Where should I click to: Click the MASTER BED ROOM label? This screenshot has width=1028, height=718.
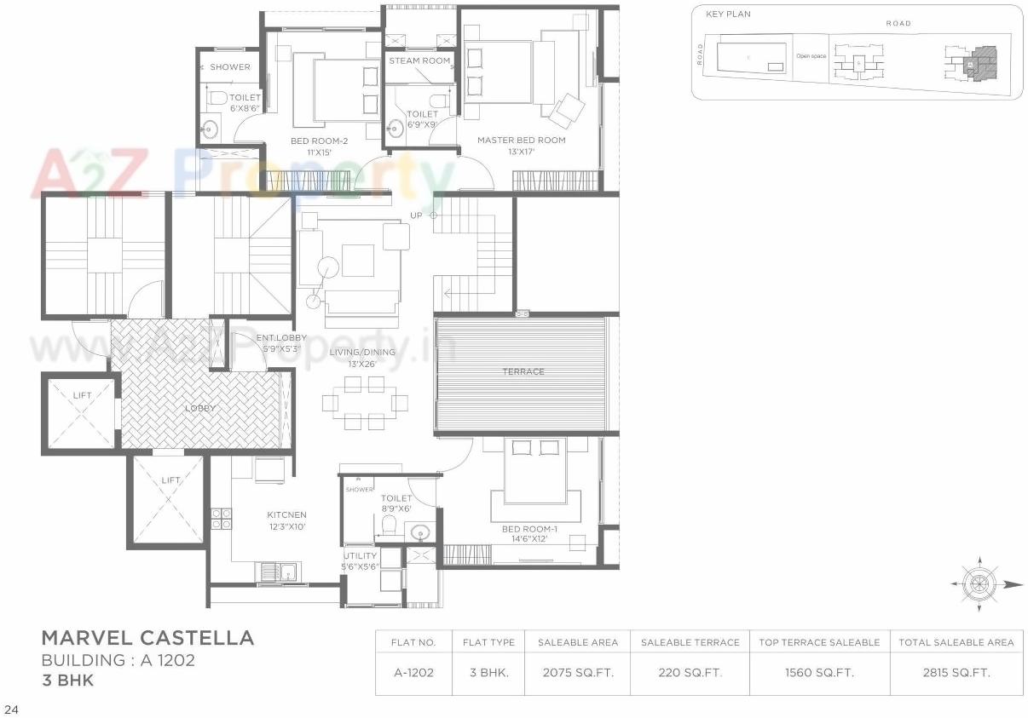tap(521, 141)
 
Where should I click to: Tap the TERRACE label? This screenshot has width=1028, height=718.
tap(523, 372)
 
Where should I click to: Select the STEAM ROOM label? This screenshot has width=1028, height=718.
tap(419, 61)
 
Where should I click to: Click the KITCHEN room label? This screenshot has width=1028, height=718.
tap(286, 515)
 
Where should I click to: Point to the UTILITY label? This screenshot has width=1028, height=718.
tap(360, 556)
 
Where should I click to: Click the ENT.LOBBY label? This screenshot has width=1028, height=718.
tap(281, 338)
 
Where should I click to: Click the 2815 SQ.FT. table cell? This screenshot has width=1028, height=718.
tap(956, 673)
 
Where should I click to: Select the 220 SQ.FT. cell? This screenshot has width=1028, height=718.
tap(690, 673)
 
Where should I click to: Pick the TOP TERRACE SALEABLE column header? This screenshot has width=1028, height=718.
tap(819, 642)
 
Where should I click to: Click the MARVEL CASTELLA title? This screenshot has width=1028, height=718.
tap(147, 638)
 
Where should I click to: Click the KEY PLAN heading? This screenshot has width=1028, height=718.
tap(728, 14)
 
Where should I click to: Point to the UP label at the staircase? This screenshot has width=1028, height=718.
tap(416, 215)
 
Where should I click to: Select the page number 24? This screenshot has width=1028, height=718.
tap(11, 708)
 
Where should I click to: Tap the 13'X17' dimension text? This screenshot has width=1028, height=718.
tap(521, 152)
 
